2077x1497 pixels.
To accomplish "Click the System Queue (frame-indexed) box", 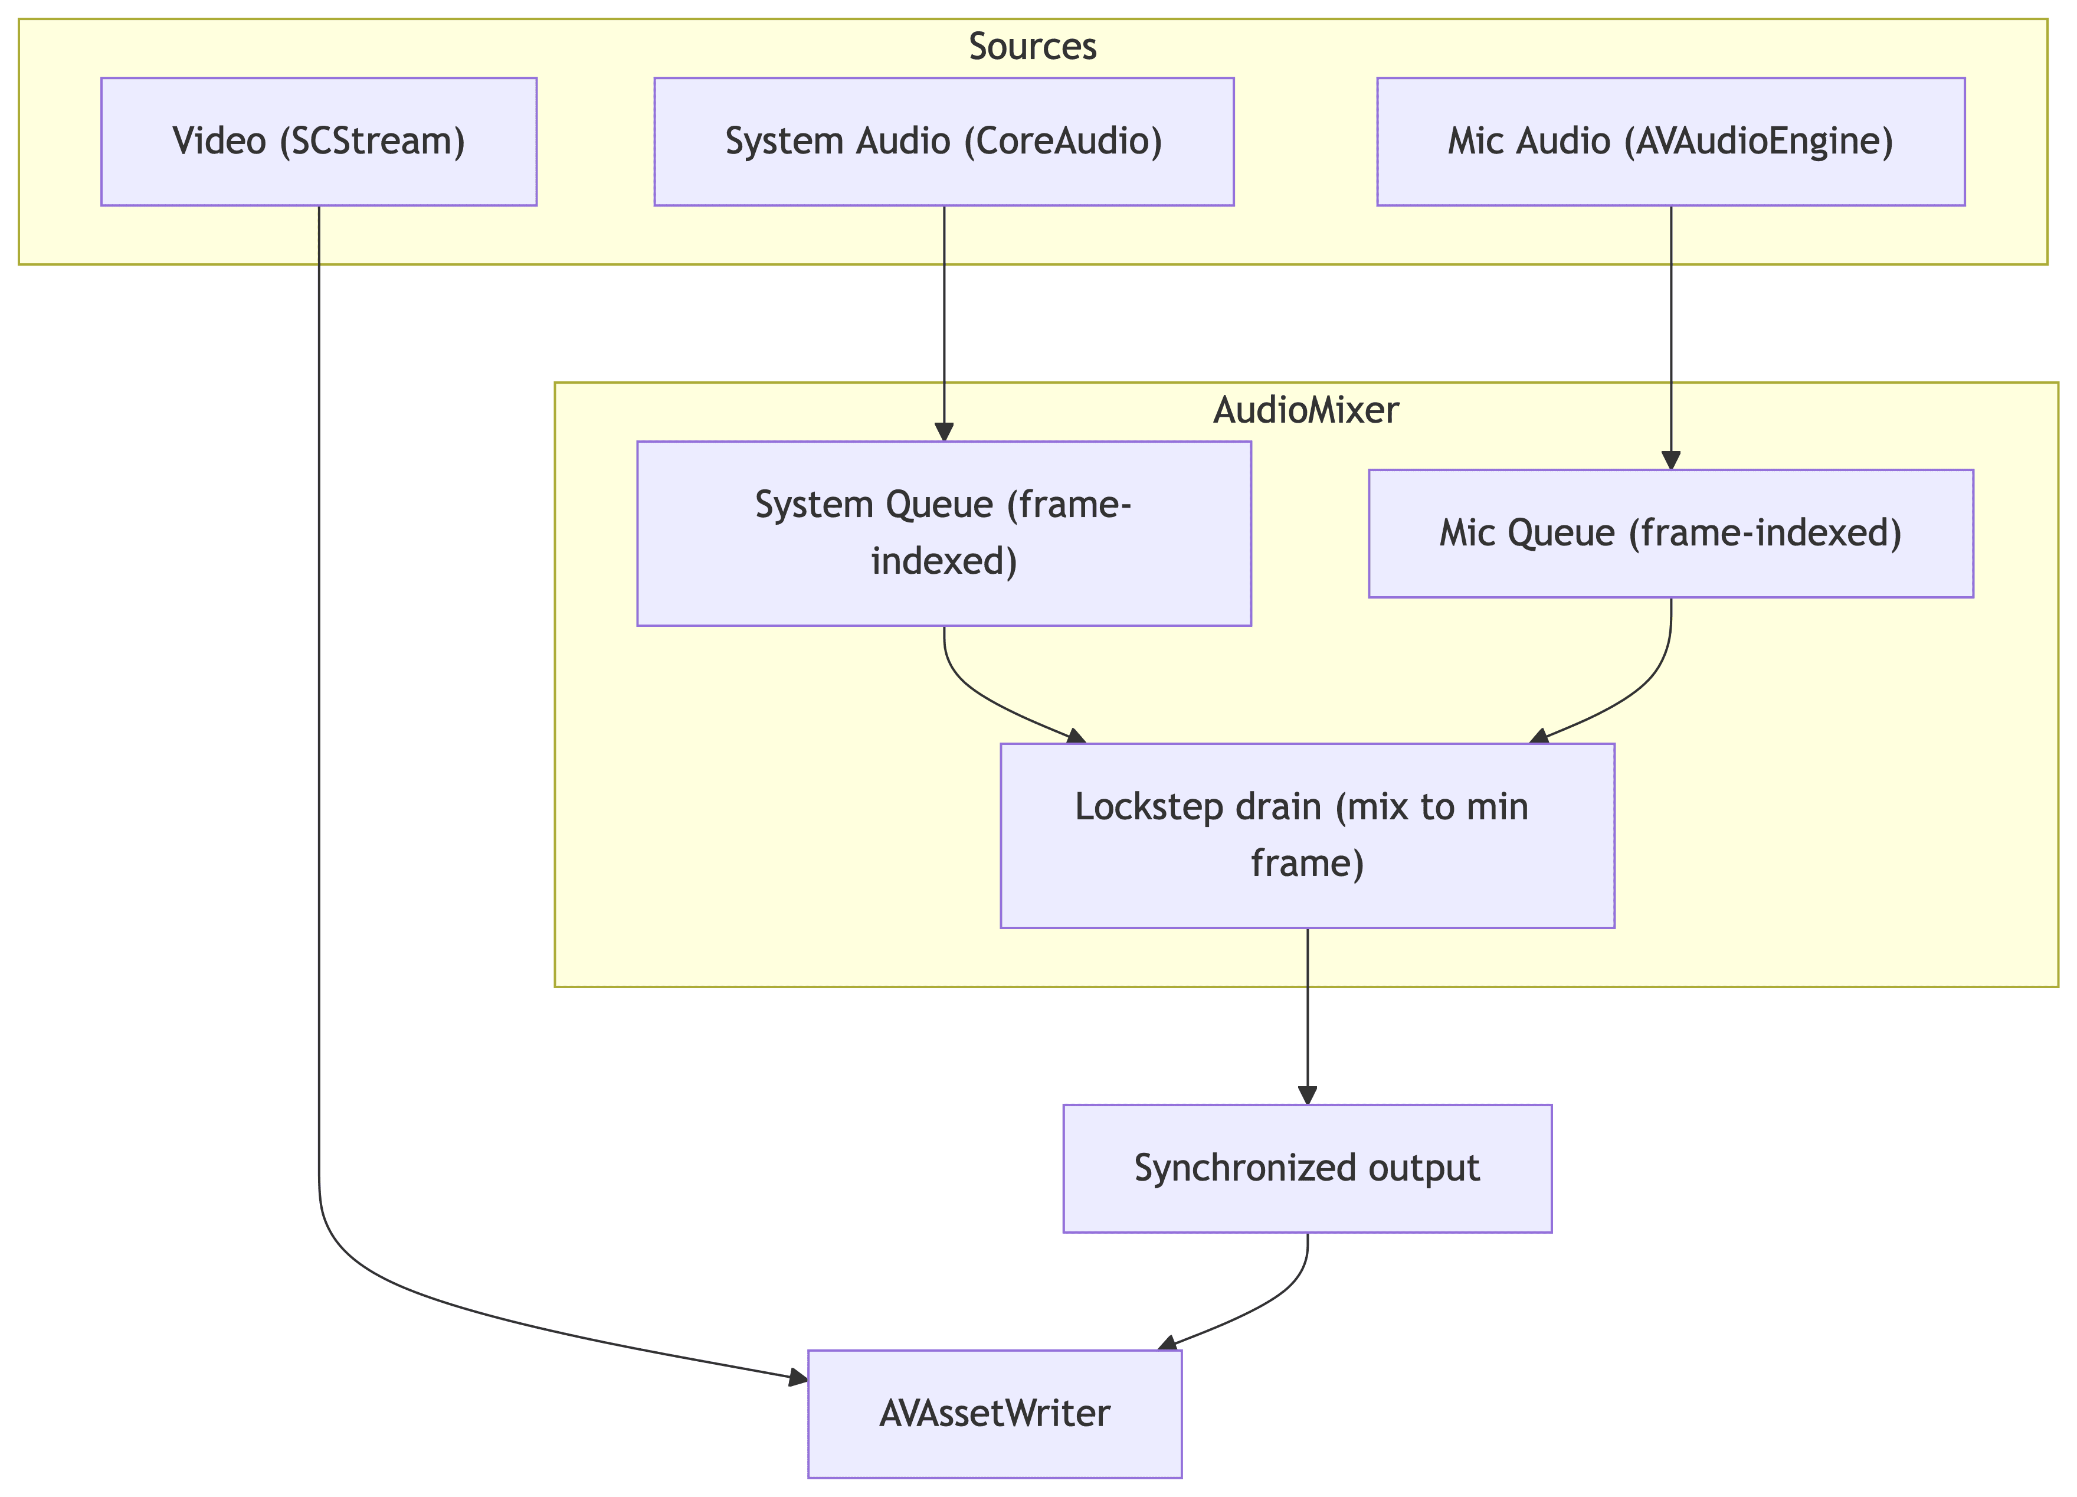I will (944, 533).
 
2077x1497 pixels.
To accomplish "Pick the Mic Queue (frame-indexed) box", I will (1670, 533).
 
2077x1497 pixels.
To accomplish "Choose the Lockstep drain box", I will (1307, 835).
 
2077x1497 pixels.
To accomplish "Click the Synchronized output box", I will (1307, 1168).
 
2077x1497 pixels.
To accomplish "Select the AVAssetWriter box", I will (995, 1414).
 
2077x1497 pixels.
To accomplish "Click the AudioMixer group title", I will (1306, 410).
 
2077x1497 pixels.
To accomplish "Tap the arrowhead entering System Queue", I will (944, 433).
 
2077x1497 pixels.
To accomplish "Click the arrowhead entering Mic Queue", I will (1670, 461).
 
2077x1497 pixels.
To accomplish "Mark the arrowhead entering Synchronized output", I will (1308, 1096).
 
